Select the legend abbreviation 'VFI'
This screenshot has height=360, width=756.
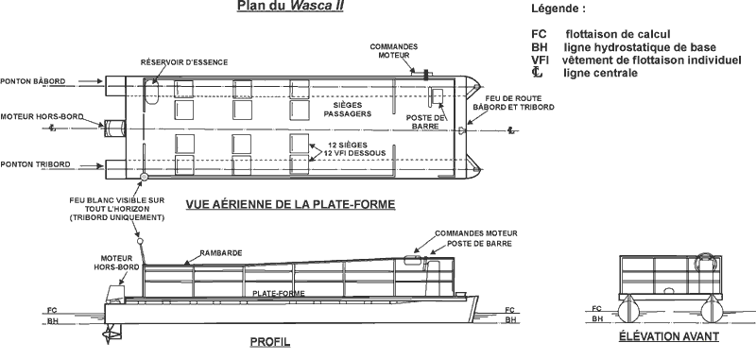pos(541,60)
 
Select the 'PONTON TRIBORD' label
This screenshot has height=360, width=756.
pos(35,163)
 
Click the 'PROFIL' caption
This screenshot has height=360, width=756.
pos(269,342)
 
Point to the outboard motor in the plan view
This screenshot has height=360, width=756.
pos(116,128)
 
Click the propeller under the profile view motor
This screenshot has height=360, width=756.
pos(114,333)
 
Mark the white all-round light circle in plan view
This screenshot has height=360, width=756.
pos(144,177)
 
